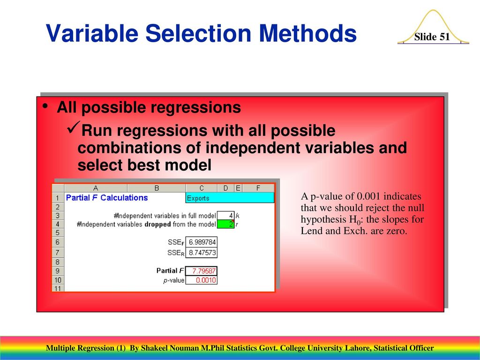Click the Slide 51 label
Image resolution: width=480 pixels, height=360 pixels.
point(432,37)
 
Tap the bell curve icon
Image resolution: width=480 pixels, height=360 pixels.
point(433,27)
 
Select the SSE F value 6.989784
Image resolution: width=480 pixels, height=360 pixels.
point(202,242)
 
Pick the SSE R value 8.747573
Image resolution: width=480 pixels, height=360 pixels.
point(202,253)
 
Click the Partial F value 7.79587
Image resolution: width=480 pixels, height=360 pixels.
point(202,271)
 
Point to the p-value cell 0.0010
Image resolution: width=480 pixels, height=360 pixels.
point(202,280)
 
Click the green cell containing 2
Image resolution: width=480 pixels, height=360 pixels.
point(225,224)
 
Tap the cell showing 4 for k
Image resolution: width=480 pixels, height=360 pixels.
point(225,216)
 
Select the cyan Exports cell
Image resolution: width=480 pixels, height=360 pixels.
point(230,198)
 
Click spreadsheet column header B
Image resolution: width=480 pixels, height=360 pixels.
point(157,188)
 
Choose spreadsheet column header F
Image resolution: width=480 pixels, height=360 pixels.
point(258,188)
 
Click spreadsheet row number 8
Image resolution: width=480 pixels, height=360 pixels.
point(58,262)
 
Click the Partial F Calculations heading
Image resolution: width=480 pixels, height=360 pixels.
point(107,198)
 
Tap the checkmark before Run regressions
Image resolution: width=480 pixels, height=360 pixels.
point(74,127)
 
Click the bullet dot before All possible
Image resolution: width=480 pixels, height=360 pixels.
point(45,106)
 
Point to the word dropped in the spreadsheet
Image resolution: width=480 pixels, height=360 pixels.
point(157,225)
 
